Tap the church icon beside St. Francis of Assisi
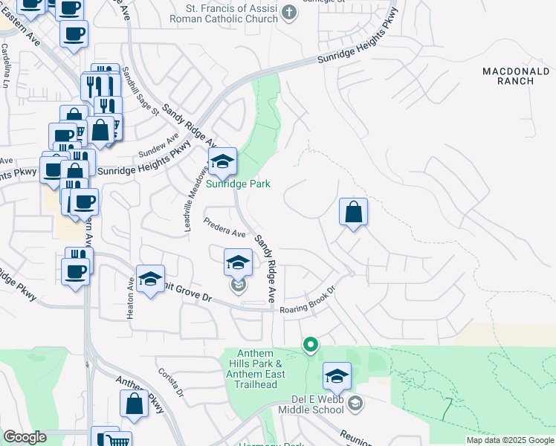tap(290, 13)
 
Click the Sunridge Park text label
tap(238, 184)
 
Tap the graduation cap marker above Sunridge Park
tap(222, 161)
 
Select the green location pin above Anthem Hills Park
tap(311, 344)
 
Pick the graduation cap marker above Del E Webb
tap(337, 375)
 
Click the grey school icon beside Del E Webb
tap(356, 404)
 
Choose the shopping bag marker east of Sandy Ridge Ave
tap(354, 212)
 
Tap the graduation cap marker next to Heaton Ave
tap(150, 279)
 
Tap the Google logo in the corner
tap(24, 437)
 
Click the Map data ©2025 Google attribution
tap(510, 440)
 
